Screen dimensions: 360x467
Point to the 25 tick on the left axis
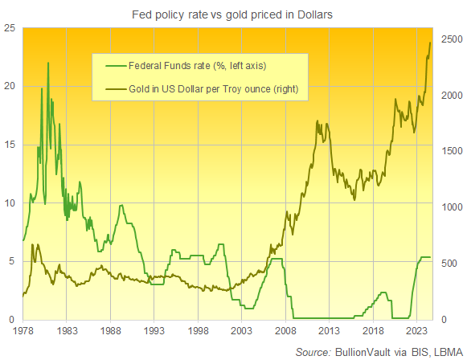coord(10,28)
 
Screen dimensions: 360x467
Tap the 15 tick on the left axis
coord(10,145)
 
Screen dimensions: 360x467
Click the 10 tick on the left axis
coord(10,203)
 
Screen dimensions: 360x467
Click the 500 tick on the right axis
coord(449,263)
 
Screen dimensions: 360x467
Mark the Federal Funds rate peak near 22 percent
coord(48,63)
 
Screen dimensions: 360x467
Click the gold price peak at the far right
coord(430,43)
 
